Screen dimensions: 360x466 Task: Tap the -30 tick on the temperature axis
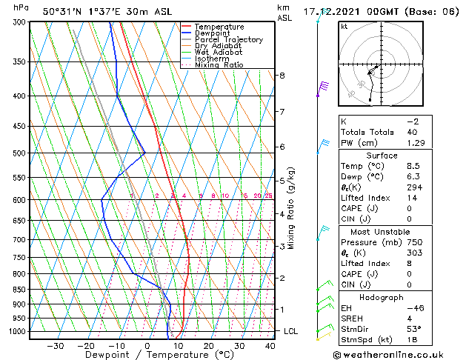pyautogui.click(x=55, y=346)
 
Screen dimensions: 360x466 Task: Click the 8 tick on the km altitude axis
pyautogui.click(x=282, y=76)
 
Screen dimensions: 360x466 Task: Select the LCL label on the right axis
pyautogui.click(x=290, y=331)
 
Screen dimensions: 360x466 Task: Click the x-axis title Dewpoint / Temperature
pyautogui.click(x=149, y=355)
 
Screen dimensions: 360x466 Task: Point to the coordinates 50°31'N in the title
pyautogui.click(x=63, y=11)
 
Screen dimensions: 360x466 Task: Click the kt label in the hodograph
pyautogui.click(x=344, y=26)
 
